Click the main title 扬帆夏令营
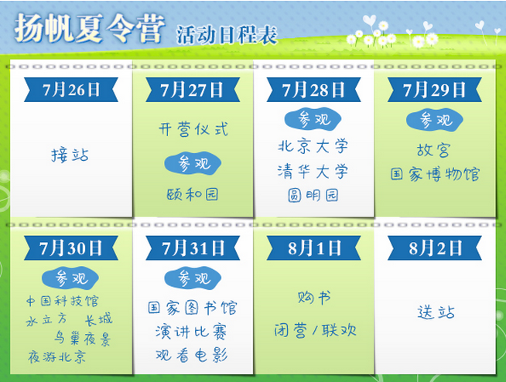point(90,29)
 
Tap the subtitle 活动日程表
point(227,35)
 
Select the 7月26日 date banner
point(71,90)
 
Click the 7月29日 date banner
point(434,90)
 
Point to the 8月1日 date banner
point(313,247)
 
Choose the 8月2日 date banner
point(434,247)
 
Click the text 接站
point(70,155)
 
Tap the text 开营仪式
point(193,129)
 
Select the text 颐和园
point(193,194)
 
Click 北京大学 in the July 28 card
point(313,146)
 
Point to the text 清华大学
point(313,171)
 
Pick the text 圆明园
point(313,195)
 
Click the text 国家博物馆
point(435,174)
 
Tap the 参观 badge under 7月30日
point(70,278)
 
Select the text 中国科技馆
point(62,301)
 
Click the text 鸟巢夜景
point(82,339)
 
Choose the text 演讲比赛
point(191,332)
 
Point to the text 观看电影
point(192,355)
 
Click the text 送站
point(436,312)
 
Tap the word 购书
point(314,297)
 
